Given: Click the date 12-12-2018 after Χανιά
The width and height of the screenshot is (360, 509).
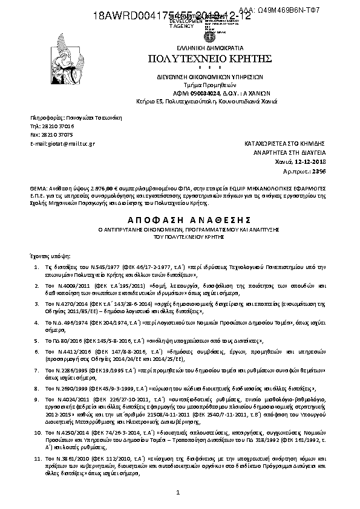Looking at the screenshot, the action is pos(310,163).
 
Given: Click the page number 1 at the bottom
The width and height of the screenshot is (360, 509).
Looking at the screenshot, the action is pos(180,493).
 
